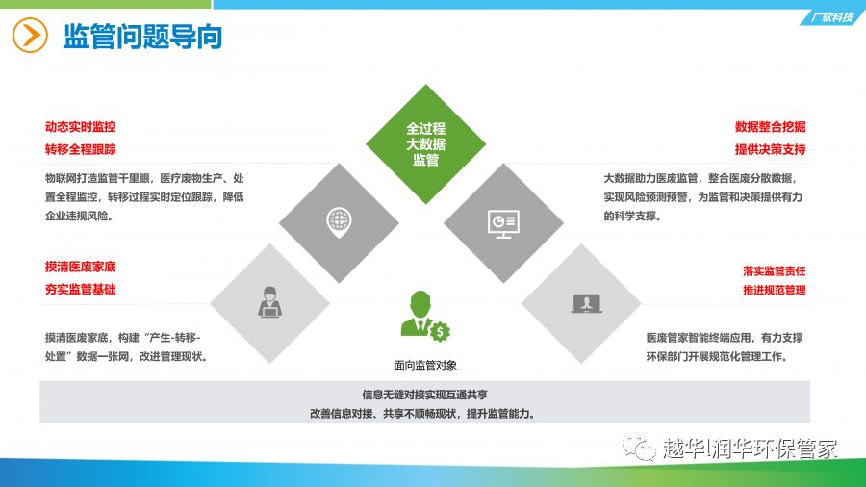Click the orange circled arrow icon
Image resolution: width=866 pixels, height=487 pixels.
click(30, 36)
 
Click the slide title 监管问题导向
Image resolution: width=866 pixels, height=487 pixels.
click(142, 37)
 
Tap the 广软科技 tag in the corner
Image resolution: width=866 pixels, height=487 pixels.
click(831, 17)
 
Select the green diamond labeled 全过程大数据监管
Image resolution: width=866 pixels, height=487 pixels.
click(426, 144)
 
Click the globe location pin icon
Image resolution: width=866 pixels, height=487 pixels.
click(339, 222)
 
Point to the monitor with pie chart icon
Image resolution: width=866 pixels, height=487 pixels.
click(503, 223)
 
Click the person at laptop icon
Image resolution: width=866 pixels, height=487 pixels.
click(270, 302)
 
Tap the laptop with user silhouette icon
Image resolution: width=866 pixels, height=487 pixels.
click(587, 304)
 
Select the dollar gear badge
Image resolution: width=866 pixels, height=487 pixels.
click(440, 332)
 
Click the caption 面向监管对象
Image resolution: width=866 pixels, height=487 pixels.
click(425, 365)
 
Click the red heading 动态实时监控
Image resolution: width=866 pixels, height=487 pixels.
click(81, 127)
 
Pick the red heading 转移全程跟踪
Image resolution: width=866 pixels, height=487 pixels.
click(81, 149)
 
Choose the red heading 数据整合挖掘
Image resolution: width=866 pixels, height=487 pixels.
click(770, 127)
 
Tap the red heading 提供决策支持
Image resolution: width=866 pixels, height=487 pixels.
click(770, 149)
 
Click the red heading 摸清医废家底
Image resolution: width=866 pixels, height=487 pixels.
click(81, 268)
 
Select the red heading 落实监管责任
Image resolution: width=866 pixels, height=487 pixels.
click(775, 270)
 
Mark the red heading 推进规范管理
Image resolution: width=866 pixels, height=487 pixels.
click(775, 290)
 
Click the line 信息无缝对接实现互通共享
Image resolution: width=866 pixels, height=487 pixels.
click(424, 395)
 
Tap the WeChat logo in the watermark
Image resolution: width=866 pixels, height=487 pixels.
click(639, 448)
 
